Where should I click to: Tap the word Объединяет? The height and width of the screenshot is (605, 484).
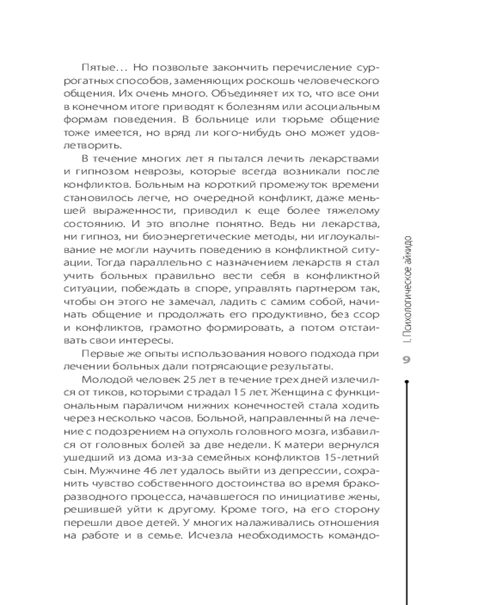tap(218, 97)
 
